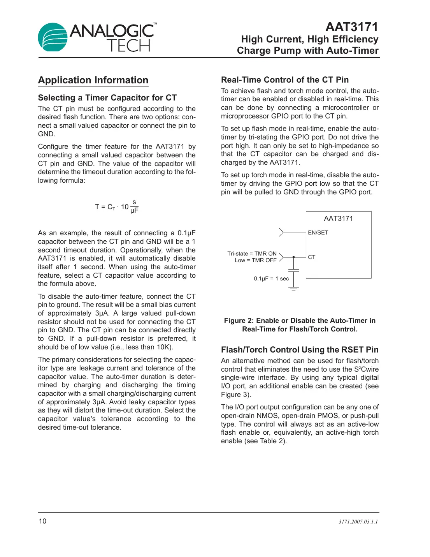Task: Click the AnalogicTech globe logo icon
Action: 53,37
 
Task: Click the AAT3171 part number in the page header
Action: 351,27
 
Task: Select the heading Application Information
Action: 93,80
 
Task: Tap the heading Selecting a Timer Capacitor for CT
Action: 107,98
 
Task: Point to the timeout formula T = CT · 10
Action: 116,206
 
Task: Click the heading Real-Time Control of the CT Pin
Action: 284,80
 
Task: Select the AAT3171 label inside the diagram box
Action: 338,219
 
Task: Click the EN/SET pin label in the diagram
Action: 318,233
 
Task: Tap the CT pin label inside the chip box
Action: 311,257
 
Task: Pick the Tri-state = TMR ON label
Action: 252,254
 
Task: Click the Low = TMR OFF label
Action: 255,260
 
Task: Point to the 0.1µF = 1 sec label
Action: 271,278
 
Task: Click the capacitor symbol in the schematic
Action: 293,270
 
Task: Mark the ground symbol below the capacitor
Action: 293,289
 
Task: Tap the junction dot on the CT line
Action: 293,257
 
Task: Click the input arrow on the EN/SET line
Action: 281,233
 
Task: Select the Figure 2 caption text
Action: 300,325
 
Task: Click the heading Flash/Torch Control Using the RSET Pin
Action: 300,350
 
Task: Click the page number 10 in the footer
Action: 42,521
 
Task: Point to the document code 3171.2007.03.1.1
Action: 358,522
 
